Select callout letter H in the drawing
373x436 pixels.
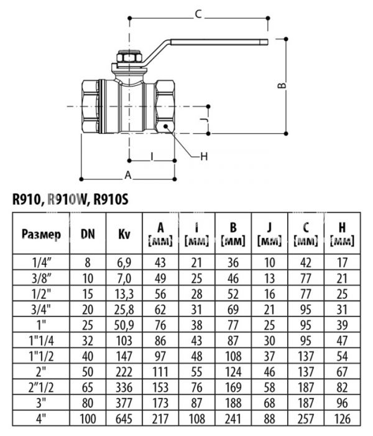pyautogui.click(x=203, y=156)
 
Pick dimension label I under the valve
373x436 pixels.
pyautogui.click(x=151, y=155)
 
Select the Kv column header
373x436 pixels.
pyautogui.click(x=124, y=234)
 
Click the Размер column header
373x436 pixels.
pyautogui.click(x=41, y=234)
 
